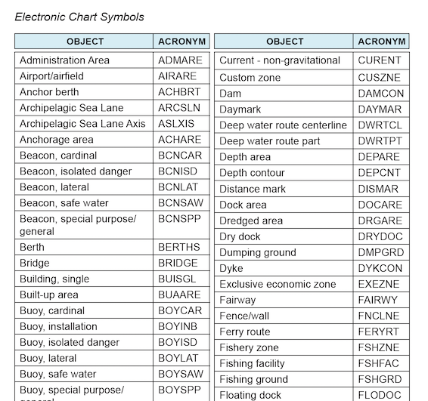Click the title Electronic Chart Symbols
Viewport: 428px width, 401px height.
[x=79, y=17]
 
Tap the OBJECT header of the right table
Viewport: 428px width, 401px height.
[x=285, y=42]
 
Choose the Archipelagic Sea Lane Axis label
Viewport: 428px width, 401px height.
[x=82, y=124]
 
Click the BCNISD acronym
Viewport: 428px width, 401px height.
[x=178, y=171]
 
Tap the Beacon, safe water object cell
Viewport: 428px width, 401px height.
[x=64, y=203]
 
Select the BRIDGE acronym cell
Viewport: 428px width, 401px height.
[x=178, y=263]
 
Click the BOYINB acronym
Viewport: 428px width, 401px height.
[x=178, y=326]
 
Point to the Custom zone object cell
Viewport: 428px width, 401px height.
[x=250, y=77]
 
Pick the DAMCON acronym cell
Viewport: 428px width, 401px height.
[x=381, y=94]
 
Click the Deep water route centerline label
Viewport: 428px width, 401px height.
[x=283, y=125]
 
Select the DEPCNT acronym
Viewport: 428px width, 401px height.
[x=380, y=173]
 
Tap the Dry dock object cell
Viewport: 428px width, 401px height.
[x=240, y=236]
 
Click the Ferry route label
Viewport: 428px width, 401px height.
[x=245, y=332]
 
